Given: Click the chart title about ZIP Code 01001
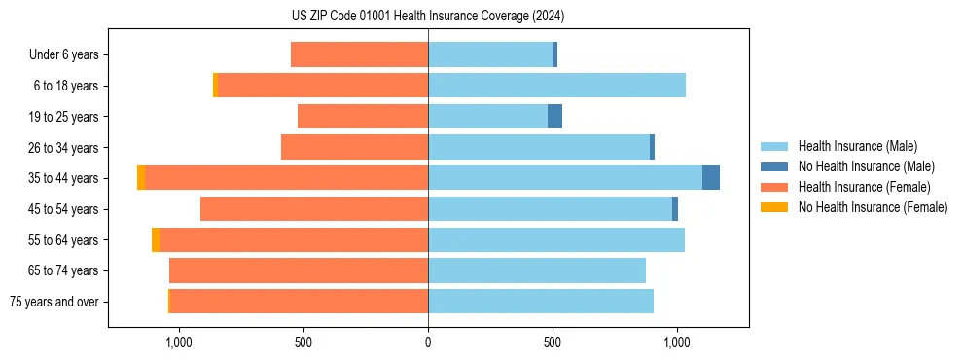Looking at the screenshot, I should (x=428, y=17).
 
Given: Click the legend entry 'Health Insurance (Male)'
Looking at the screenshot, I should (x=857, y=146).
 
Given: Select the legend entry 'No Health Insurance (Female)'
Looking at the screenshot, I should (x=873, y=207).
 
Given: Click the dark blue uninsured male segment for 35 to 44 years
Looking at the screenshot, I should (x=711, y=178).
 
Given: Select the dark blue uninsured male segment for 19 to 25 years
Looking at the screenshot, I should (x=554, y=117).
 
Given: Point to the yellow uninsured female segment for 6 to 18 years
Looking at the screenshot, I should (x=215, y=86).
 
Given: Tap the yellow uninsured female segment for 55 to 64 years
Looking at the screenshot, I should (x=156, y=239).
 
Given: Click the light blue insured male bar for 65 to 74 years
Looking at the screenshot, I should (x=537, y=270).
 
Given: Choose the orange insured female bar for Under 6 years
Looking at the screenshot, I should (x=360, y=55).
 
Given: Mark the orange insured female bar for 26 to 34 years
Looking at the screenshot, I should (x=355, y=147).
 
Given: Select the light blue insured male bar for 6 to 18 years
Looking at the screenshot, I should (x=556, y=86).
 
